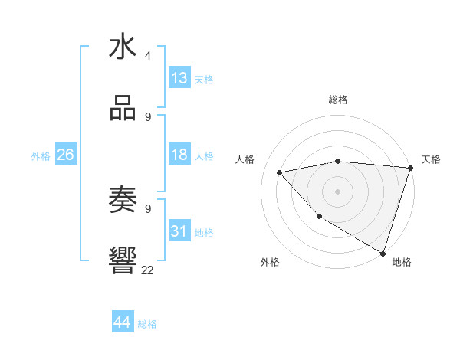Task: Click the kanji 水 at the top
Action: [x=123, y=47]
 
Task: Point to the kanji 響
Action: [x=123, y=260]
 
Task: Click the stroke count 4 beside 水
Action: [x=148, y=56]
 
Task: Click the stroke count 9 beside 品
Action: [x=148, y=116]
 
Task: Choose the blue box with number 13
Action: [x=179, y=78]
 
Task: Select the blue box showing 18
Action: [x=179, y=155]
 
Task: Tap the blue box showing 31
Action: [x=179, y=231]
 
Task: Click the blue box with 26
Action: [x=65, y=155]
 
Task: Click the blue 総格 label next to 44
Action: [x=147, y=324]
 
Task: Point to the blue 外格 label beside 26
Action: [x=41, y=156]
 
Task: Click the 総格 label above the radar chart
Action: [x=337, y=100]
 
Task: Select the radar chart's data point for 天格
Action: [x=410, y=168]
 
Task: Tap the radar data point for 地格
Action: [x=383, y=253]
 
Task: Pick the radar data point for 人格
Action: [x=280, y=172]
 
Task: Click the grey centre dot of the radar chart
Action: [x=337, y=191]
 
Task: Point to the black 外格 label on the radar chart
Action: [x=270, y=262]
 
